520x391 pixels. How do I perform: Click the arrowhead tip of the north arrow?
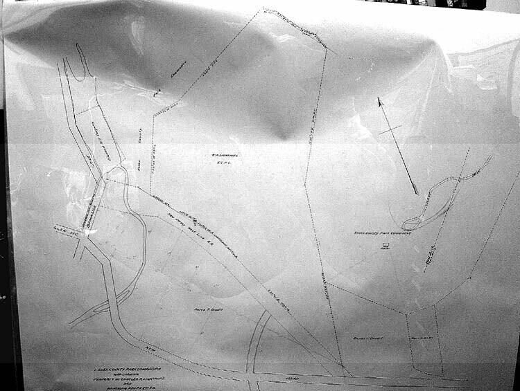pos(379,99)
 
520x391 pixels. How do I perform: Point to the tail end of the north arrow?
pos(417,193)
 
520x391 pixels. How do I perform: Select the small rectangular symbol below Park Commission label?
pos(385,248)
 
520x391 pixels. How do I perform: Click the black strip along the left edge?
pos(3,242)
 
